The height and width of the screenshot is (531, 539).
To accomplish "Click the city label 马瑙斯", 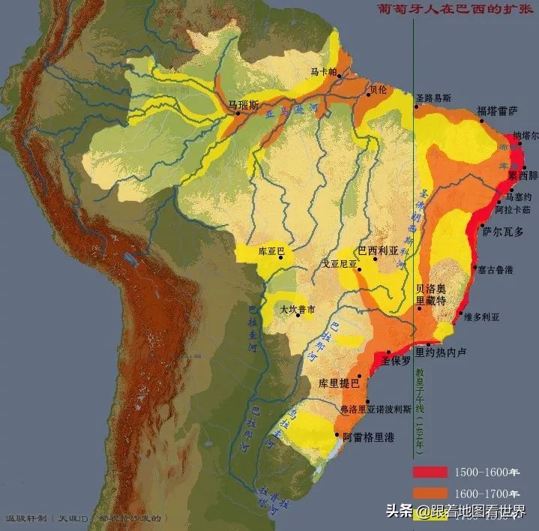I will pyautogui.click(x=244, y=106).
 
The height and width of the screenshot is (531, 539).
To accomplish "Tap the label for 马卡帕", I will pyautogui.click(x=324, y=72).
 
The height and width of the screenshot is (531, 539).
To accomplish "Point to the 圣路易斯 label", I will pyautogui.click(x=433, y=97).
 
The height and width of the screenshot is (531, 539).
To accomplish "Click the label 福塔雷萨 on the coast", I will pyautogui.click(x=497, y=111).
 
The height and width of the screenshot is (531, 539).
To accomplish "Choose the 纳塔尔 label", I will pyautogui.click(x=525, y=137).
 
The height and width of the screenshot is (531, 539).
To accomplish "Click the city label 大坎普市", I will pyautogui.click(x=297, y=309).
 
